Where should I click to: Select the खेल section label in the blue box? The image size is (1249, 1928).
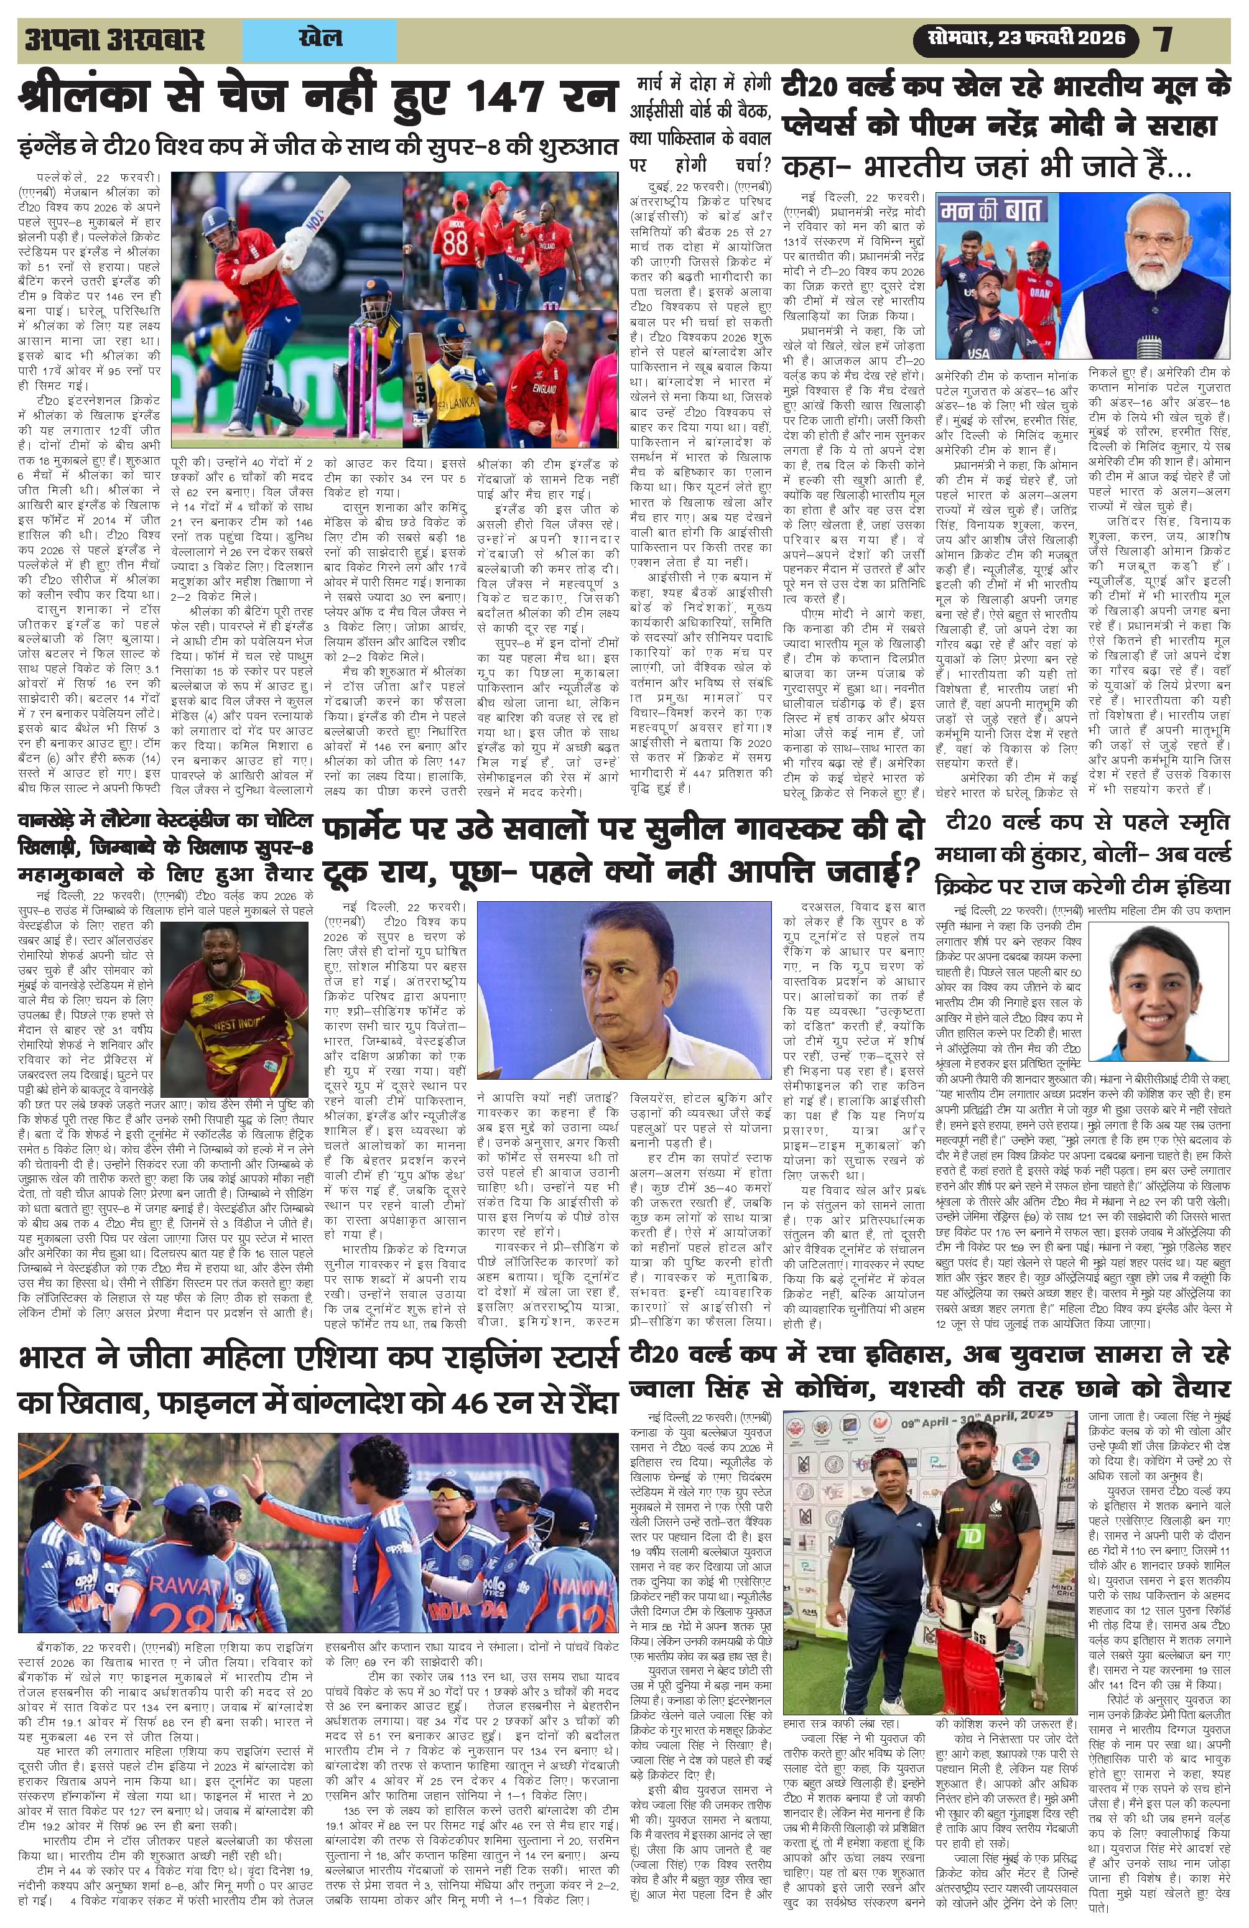(x=320, y=37)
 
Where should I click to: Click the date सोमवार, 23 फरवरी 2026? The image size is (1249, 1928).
(x=1021, y=37)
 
